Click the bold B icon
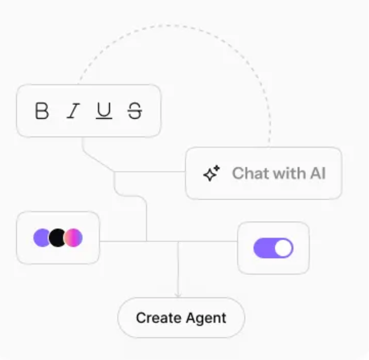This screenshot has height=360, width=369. tap(42, 111)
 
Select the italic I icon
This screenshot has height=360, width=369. tap(73, 111)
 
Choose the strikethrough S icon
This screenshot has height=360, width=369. tap(135, 111)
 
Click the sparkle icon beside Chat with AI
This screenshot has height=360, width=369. tap(211, 173)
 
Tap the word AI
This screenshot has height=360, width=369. tap(318, 173)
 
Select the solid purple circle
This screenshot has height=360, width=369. tap(41, 237)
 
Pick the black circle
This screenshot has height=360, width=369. tap(57, 237)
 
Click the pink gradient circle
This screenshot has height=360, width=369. tap(73, 237)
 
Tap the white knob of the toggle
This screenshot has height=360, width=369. tap(283, 248)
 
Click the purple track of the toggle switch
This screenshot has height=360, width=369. tap(264, 248)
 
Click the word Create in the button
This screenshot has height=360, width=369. tap(159, 318)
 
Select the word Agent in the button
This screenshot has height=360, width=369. tap(206, 319)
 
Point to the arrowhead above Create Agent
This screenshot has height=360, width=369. tap(178, 295)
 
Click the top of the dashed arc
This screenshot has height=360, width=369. tap(173, 25)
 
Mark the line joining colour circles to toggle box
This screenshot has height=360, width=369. tap(168, 241)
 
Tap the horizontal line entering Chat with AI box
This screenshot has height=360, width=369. tap(150, 172)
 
